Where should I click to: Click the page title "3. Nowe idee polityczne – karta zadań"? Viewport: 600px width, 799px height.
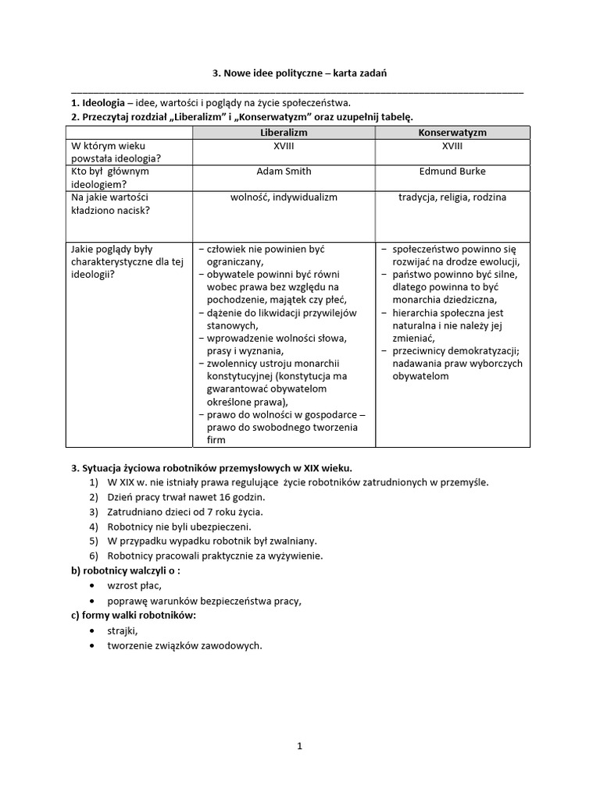300,73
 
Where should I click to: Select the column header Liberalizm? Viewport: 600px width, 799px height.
284,133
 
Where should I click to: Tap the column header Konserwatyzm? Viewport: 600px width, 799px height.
452,133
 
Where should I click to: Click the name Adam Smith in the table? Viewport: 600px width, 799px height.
284,171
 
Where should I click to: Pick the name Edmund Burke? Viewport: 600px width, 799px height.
452,171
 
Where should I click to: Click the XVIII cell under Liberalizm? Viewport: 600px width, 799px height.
284,146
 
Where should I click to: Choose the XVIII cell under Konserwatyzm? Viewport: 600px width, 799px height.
452,146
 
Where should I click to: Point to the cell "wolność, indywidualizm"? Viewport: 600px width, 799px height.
284,197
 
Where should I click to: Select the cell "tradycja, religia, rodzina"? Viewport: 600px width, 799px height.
452,197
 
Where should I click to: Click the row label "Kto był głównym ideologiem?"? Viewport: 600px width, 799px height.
110,177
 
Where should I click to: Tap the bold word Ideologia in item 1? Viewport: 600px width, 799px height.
98,103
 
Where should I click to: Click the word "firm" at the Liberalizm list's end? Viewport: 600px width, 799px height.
216,440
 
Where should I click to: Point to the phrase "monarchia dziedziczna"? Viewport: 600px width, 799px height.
444,300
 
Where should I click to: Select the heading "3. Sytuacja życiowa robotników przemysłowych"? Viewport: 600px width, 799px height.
211,468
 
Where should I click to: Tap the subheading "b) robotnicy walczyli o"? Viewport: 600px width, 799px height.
126,570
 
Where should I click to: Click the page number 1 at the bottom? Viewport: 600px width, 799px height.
299,746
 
